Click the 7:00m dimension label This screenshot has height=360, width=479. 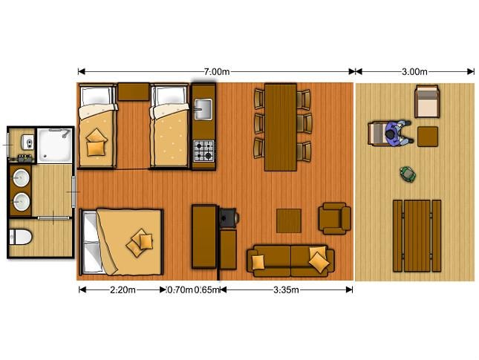(217, 72)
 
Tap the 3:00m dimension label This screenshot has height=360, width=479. (414, 72)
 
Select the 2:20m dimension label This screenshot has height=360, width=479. (123, 289)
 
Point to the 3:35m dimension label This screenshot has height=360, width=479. (286, 289)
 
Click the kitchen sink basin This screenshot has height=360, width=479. (203, 109)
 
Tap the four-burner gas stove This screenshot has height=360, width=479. (203, 151)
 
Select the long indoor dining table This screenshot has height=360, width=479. (281, 127)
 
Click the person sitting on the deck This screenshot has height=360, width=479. (397, 134)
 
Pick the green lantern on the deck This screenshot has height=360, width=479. (408, 174)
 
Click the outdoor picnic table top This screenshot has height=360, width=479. (417, 236)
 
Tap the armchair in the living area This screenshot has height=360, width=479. (334, 218)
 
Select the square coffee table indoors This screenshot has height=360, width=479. (289, 220)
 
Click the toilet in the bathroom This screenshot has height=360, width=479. (21, 237)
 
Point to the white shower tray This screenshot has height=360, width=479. (55, 145)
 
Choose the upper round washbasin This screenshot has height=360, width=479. (21, 177)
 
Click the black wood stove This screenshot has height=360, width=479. (229, 217)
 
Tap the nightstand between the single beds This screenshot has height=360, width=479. (133, 91)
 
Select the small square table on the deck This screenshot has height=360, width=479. (428, 137)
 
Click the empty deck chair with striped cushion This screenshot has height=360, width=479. (427, 102)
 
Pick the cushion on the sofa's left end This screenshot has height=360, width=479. (258, 262)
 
